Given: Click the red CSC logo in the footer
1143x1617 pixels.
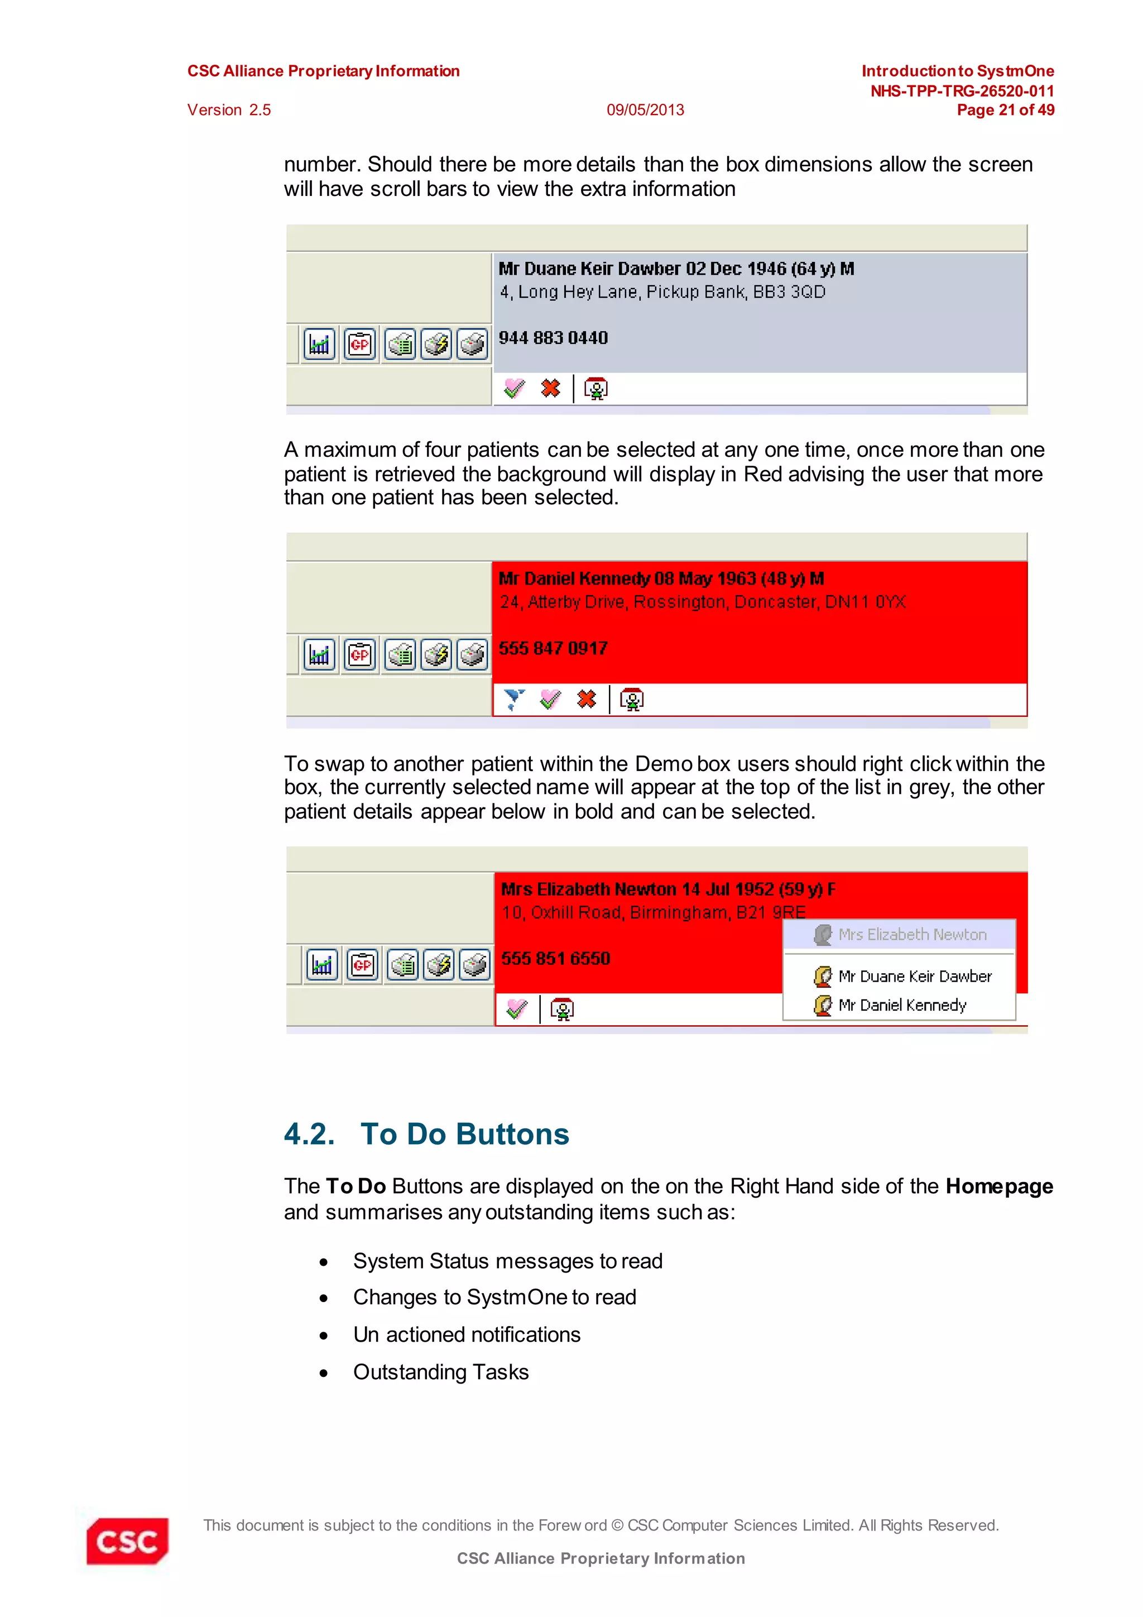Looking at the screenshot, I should click(x=127, y=1541).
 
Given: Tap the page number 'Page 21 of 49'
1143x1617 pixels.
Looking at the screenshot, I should click(x=1005, y=110).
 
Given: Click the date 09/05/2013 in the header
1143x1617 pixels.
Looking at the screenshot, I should click(x=645, y=110).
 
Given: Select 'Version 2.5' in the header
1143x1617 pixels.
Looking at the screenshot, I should click(x=229, y=110).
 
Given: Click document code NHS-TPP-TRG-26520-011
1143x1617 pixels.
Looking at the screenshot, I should click(x=962, y=91).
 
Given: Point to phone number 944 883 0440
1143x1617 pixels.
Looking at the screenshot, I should click(x=553, y=338).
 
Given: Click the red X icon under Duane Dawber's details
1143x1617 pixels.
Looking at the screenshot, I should click(x=550, y=388).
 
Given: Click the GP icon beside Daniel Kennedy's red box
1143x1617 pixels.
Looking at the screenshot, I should click(x=359, y=655).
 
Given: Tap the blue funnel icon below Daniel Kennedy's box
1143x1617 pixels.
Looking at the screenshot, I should click(x=515, y=699).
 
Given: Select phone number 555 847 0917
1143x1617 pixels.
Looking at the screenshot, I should click(x=553, y=649).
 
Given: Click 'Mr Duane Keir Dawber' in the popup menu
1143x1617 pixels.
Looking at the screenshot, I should click(x=914, y=976).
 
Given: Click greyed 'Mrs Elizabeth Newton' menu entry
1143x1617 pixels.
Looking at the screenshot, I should click(x=911, y=935).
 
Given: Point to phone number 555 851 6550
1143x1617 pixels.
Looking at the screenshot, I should click(x=555, y=959).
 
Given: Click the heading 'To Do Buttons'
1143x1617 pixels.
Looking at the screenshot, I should click(x=464, y=1135).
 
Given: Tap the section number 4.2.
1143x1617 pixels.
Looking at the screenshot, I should click(x=309, y=1135).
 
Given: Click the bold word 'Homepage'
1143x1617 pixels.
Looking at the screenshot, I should click(x=998, y=1186).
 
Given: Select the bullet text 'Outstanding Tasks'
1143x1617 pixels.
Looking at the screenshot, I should click(x=440, y=1372).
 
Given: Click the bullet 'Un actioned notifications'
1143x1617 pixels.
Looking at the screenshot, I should click(x=467, y=1334).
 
